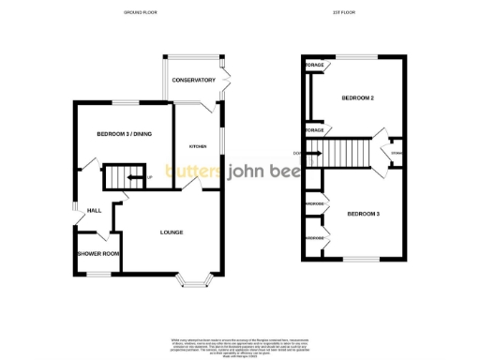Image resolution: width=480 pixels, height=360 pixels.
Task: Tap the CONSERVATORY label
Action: (193, 81)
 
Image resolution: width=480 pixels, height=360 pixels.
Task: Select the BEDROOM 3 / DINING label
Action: (124, 134)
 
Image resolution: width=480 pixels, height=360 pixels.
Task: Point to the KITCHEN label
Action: (198, 147)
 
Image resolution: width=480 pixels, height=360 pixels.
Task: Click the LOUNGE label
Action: (171, 232)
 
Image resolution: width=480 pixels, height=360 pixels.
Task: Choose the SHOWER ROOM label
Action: (98, 254)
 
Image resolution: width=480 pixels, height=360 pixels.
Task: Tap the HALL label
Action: (94, 211)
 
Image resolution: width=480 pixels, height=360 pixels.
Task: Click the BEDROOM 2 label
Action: (357, 98)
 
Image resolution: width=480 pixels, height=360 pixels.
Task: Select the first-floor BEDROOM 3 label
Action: (364, 215)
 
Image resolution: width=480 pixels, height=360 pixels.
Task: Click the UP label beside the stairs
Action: (148, 176)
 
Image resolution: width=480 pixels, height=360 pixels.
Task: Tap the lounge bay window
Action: (199, 277)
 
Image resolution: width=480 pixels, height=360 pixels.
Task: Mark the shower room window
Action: (97, 271)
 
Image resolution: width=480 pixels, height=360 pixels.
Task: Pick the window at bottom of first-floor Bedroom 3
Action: (357, 259)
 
